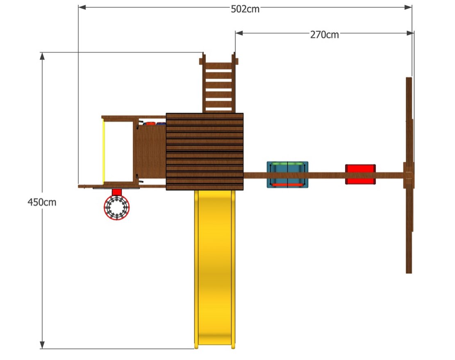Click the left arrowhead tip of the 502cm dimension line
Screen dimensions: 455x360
point(79,7)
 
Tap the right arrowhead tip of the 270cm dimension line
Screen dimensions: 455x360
point(414,33)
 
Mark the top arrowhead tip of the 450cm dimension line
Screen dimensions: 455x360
point(42,53)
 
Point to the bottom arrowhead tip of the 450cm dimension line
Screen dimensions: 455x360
point(42,349)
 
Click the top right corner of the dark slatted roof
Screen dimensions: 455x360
point(243,113)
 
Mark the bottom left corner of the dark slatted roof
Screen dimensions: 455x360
point(166,190)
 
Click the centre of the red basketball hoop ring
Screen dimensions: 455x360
point(117,207)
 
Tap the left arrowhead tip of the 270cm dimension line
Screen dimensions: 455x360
point(235,33)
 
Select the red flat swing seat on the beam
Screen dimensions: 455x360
point(360,174)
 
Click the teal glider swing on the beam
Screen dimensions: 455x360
point(288,175)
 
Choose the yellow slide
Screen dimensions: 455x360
point(215,269)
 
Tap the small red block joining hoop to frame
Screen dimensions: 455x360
point(117,192)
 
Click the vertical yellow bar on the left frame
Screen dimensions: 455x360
point(103,151)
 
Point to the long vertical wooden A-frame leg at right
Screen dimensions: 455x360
point(409,175)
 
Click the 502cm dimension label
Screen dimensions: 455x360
point(245,9)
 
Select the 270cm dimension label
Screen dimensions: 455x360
point(324,35)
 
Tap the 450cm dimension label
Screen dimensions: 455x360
point(42,202)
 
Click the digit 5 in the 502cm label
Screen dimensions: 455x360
point(234,9)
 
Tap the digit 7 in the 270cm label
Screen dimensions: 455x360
point(318,35)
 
